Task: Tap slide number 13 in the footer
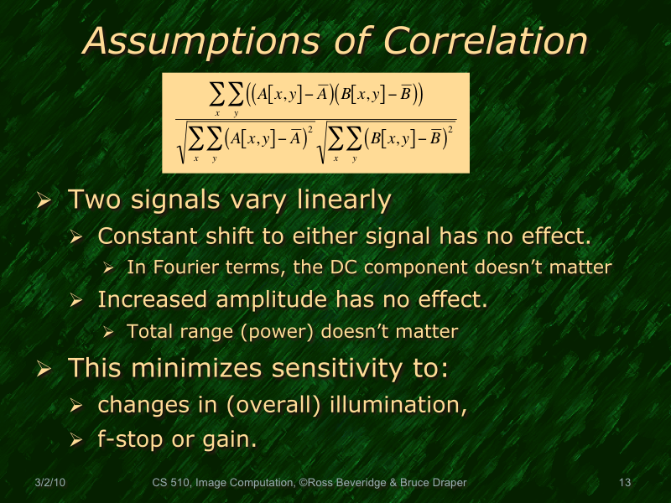(x=624, y=482)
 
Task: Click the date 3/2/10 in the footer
(x=52, y=482)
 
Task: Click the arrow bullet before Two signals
(x=45, y=200)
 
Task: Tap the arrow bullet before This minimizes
(x=45, y=367)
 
